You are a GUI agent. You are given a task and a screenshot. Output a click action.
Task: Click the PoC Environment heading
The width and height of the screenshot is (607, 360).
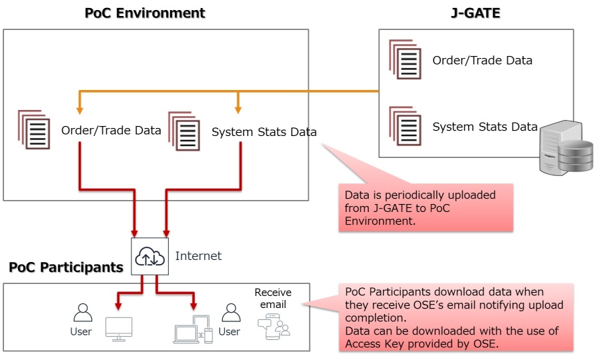145,13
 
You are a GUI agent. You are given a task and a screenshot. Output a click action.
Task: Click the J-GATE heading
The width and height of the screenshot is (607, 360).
476,13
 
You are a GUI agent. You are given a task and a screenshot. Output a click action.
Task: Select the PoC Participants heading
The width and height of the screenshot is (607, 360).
66,267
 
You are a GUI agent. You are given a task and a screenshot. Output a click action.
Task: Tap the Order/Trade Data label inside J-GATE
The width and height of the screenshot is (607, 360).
482,61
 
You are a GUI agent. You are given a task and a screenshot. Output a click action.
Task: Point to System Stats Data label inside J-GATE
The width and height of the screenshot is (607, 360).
485,127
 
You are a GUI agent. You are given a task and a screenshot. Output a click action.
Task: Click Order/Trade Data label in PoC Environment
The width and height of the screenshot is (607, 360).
111,131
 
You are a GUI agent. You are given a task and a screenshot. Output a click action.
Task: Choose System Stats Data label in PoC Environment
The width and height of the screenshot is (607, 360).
264,132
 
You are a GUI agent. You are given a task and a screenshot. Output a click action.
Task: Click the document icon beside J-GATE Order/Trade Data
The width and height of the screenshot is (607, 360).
406,61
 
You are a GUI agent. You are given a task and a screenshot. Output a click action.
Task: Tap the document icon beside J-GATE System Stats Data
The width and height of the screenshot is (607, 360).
406,126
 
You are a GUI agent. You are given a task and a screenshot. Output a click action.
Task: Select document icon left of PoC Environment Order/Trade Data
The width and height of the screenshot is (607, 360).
34,130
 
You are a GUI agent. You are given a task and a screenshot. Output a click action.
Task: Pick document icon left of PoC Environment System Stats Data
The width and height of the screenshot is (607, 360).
184,131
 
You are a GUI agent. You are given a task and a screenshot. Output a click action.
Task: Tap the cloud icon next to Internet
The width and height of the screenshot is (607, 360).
149,256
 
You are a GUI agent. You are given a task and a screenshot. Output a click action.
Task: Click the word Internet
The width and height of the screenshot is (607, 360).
198,256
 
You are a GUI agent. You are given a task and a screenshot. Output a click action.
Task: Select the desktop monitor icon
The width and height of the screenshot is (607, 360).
119,329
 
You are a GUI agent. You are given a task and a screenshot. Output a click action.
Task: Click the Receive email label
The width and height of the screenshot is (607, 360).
273,299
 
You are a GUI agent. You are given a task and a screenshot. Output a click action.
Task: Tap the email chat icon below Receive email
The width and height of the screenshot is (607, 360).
273,326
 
